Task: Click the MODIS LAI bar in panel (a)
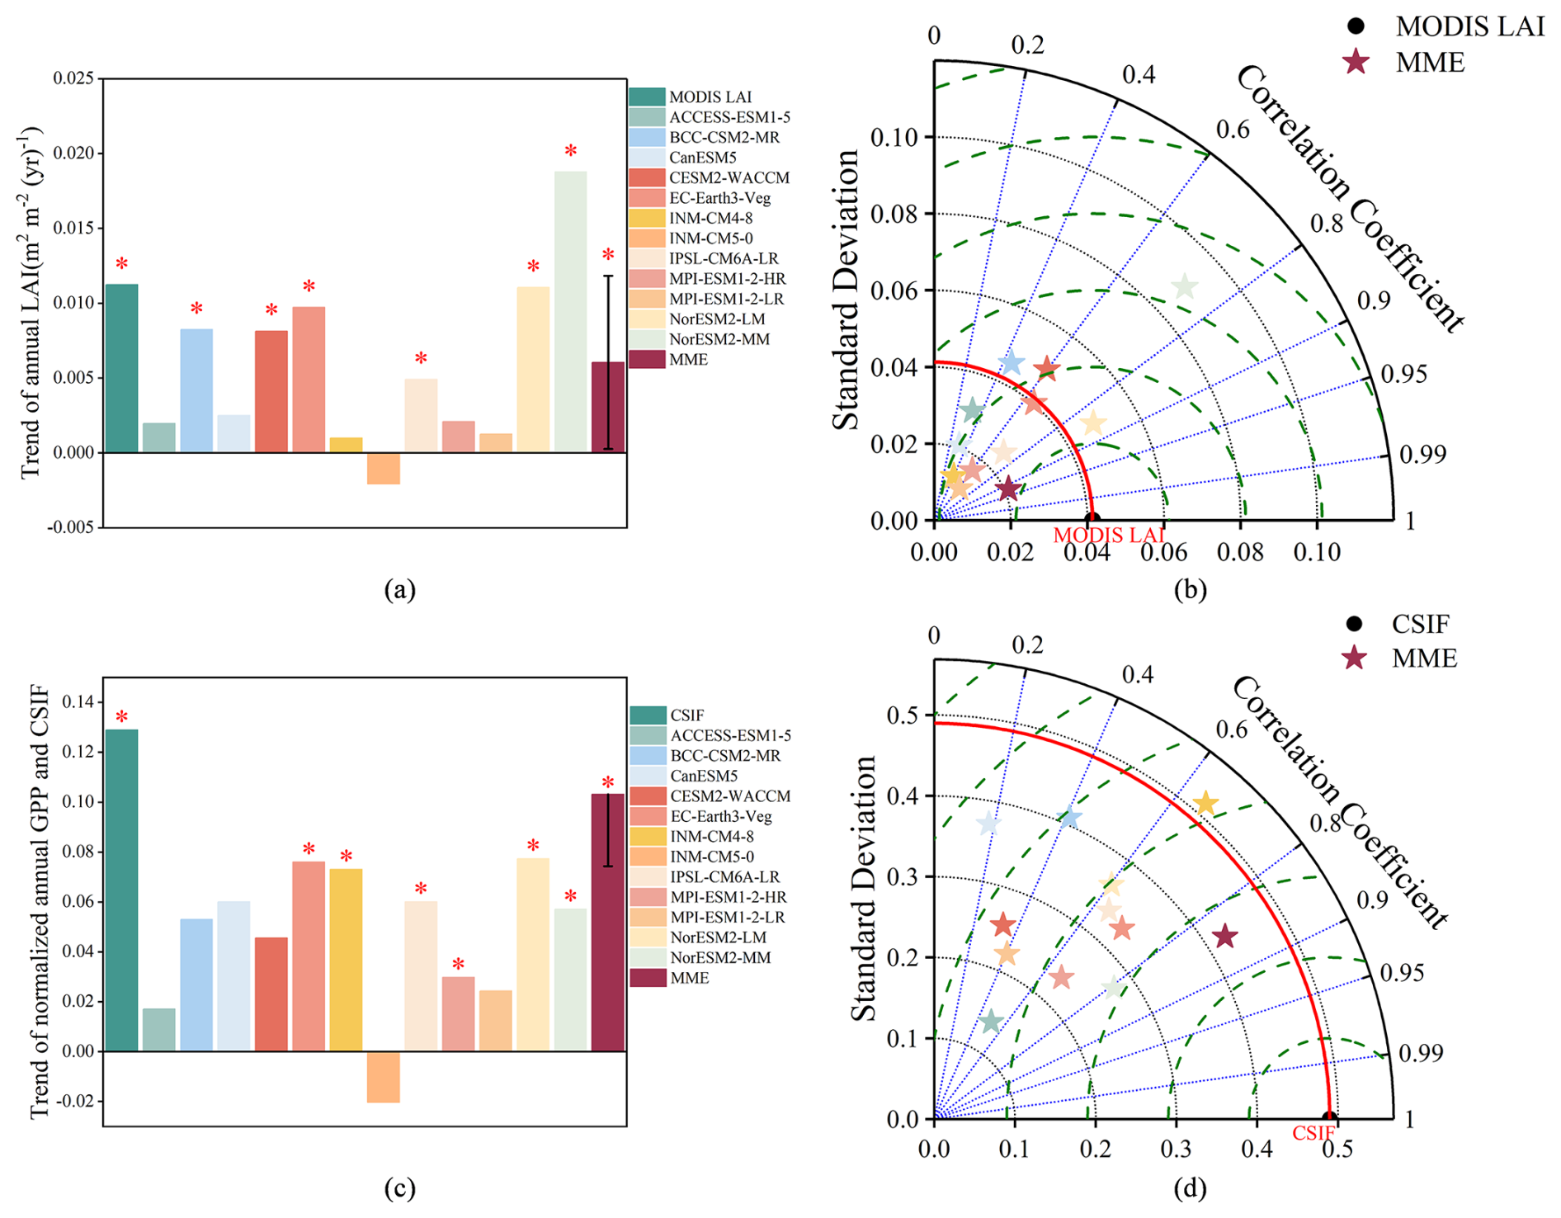point(121,368)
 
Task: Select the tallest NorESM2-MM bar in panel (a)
point(570,312)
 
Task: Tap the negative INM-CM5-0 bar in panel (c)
point(383,1076)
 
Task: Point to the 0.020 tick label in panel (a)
point(73,153)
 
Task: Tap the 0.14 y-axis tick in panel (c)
point(78,702)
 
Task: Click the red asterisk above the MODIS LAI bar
point(121,265)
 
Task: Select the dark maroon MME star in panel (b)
point(1007,489)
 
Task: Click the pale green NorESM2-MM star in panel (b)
point(1185,286)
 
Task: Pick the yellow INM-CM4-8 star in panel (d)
point(1205,803)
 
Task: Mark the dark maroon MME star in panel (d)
point(1225,936)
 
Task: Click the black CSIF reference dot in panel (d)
point(1329,1118)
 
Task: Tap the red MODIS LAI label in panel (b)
point(1108,535)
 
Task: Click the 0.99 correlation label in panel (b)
point(1423,454)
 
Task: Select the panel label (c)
point(400,1188)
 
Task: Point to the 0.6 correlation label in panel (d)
point(1231,729)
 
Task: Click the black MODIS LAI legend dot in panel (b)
point(1356,26)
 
